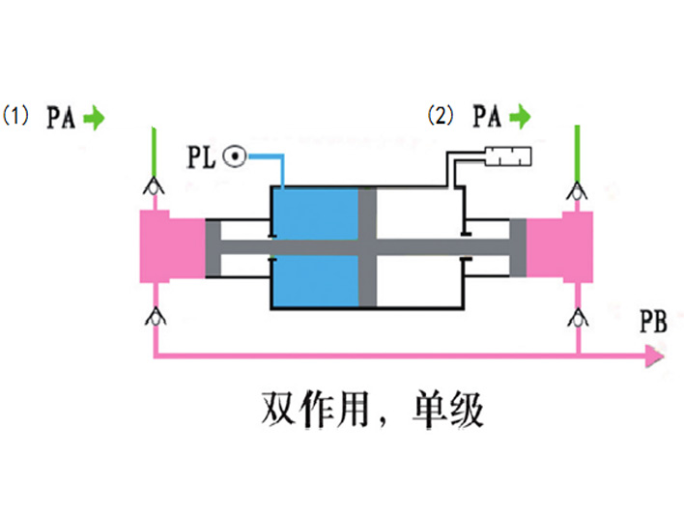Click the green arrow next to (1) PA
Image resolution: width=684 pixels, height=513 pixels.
point(94,119)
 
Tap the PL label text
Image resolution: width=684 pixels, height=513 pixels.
point(203,155)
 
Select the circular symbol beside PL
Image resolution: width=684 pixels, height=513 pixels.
point(232,155)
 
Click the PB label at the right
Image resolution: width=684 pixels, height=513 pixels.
point(653,322)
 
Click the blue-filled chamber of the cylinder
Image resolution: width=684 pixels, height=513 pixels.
point(315,248)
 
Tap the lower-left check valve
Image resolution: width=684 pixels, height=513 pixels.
point(154,315)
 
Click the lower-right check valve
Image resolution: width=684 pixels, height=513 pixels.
point(577,315)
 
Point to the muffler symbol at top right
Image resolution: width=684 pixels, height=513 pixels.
point(509,155)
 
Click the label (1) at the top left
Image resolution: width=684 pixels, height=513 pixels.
point(19,117)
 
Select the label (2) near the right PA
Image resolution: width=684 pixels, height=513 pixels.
point(440,117)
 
